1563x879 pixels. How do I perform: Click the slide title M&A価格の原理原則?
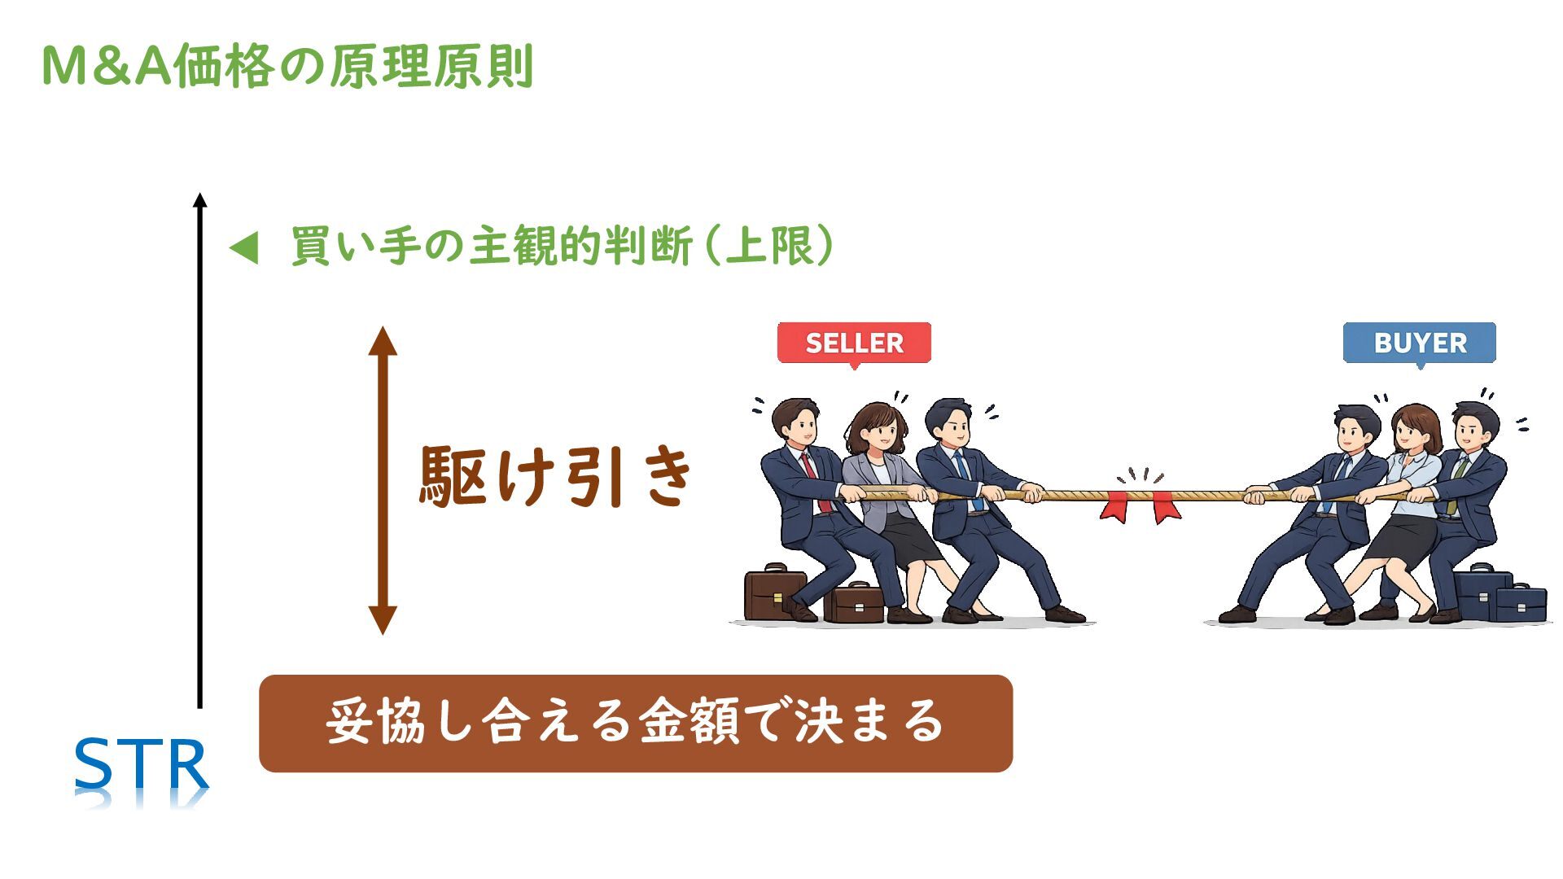287,67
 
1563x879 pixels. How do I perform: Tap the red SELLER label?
854,343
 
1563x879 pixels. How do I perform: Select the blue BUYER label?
1420,343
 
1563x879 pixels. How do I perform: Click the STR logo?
142,765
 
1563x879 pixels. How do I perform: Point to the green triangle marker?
244,247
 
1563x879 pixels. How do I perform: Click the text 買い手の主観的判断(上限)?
562,246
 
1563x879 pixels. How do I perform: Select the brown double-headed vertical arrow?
383,480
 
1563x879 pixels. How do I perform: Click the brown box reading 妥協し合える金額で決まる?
635,723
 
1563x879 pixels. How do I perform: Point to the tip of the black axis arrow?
200,197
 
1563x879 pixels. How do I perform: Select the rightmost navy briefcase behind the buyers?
1521,602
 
